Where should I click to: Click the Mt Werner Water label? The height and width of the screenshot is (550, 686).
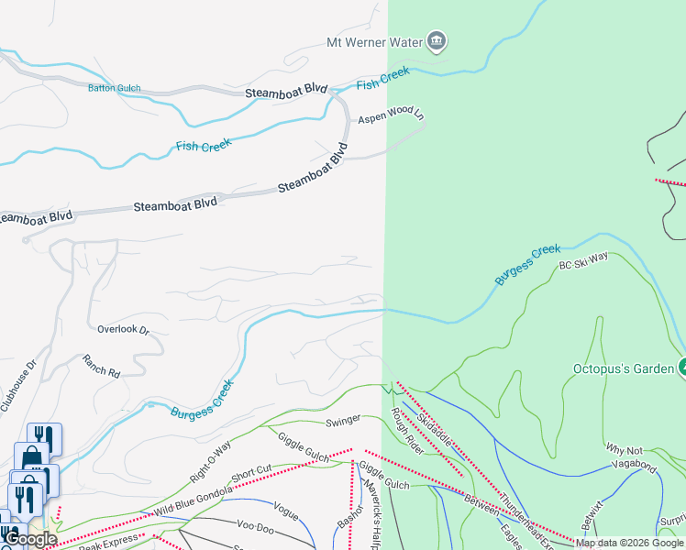374,42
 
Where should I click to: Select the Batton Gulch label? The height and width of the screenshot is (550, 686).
114,88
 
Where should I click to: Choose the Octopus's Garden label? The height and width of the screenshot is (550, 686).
624,369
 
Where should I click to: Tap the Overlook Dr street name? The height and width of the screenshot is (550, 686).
123,328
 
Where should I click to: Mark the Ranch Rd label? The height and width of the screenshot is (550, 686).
101,367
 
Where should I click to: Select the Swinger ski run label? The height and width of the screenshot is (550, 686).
343,421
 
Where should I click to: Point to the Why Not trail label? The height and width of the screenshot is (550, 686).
625,448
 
